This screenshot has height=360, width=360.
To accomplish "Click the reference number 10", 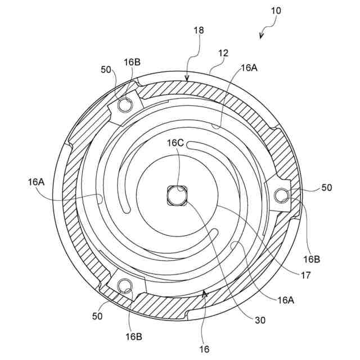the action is pyautogui.click(x=275, y=10).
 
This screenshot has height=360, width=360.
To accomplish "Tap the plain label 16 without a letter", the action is pyautogui.click(x=204, y=349).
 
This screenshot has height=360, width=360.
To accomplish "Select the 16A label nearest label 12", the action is pyautogui.click(x=250, y=67).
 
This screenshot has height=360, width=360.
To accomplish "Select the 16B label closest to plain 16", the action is pyautogui.click(x=133, y=336).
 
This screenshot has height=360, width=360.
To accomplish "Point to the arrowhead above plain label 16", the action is pyautogui.click(x=205, y=293).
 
